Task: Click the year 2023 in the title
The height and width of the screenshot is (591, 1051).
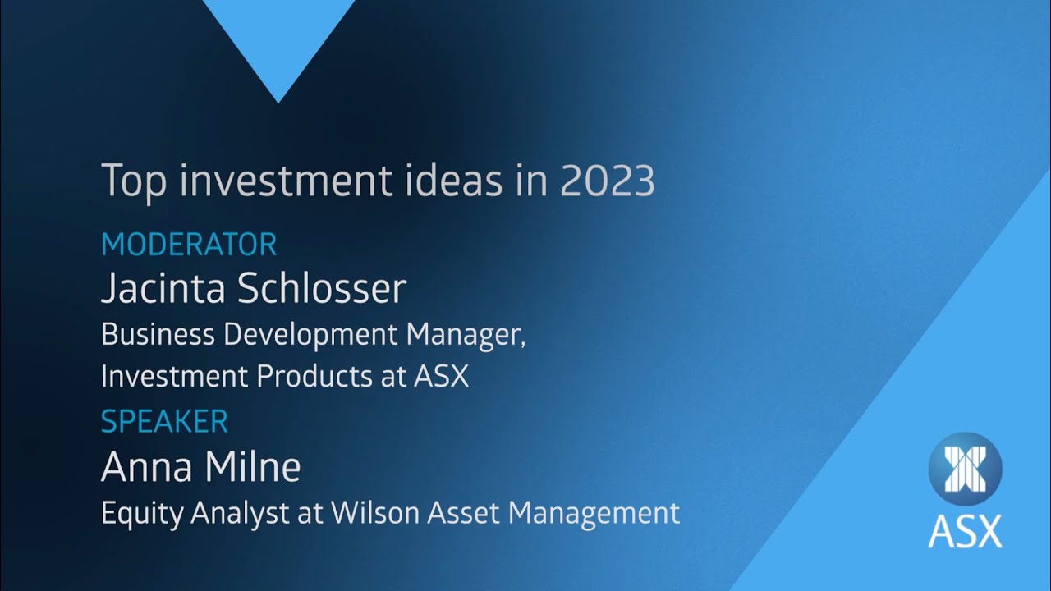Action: [608, 181]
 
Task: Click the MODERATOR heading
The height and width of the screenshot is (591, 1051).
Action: [189, 245]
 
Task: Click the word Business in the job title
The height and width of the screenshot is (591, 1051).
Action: [152, 335]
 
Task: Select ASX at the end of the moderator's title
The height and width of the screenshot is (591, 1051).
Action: [441, 377]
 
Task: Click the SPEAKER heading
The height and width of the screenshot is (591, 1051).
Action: [164, 422]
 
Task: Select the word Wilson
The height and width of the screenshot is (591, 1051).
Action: [374, 513]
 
